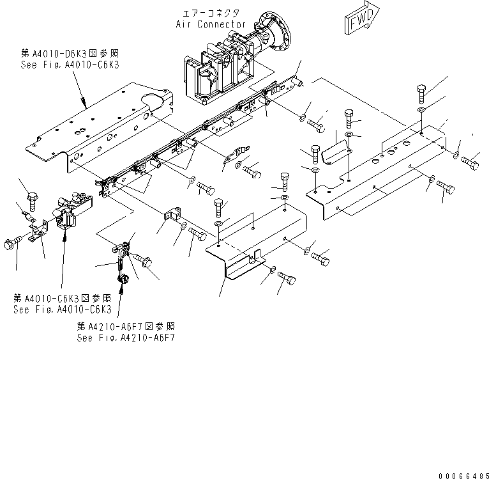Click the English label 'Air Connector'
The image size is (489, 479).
tap(211, 24)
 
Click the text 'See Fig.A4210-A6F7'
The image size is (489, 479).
tap(125, 338)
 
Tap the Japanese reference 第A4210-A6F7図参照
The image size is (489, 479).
tap(125, 326)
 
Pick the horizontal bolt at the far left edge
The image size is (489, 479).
tap(11, 244)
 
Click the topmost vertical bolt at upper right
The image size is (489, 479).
tap(422, 93)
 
